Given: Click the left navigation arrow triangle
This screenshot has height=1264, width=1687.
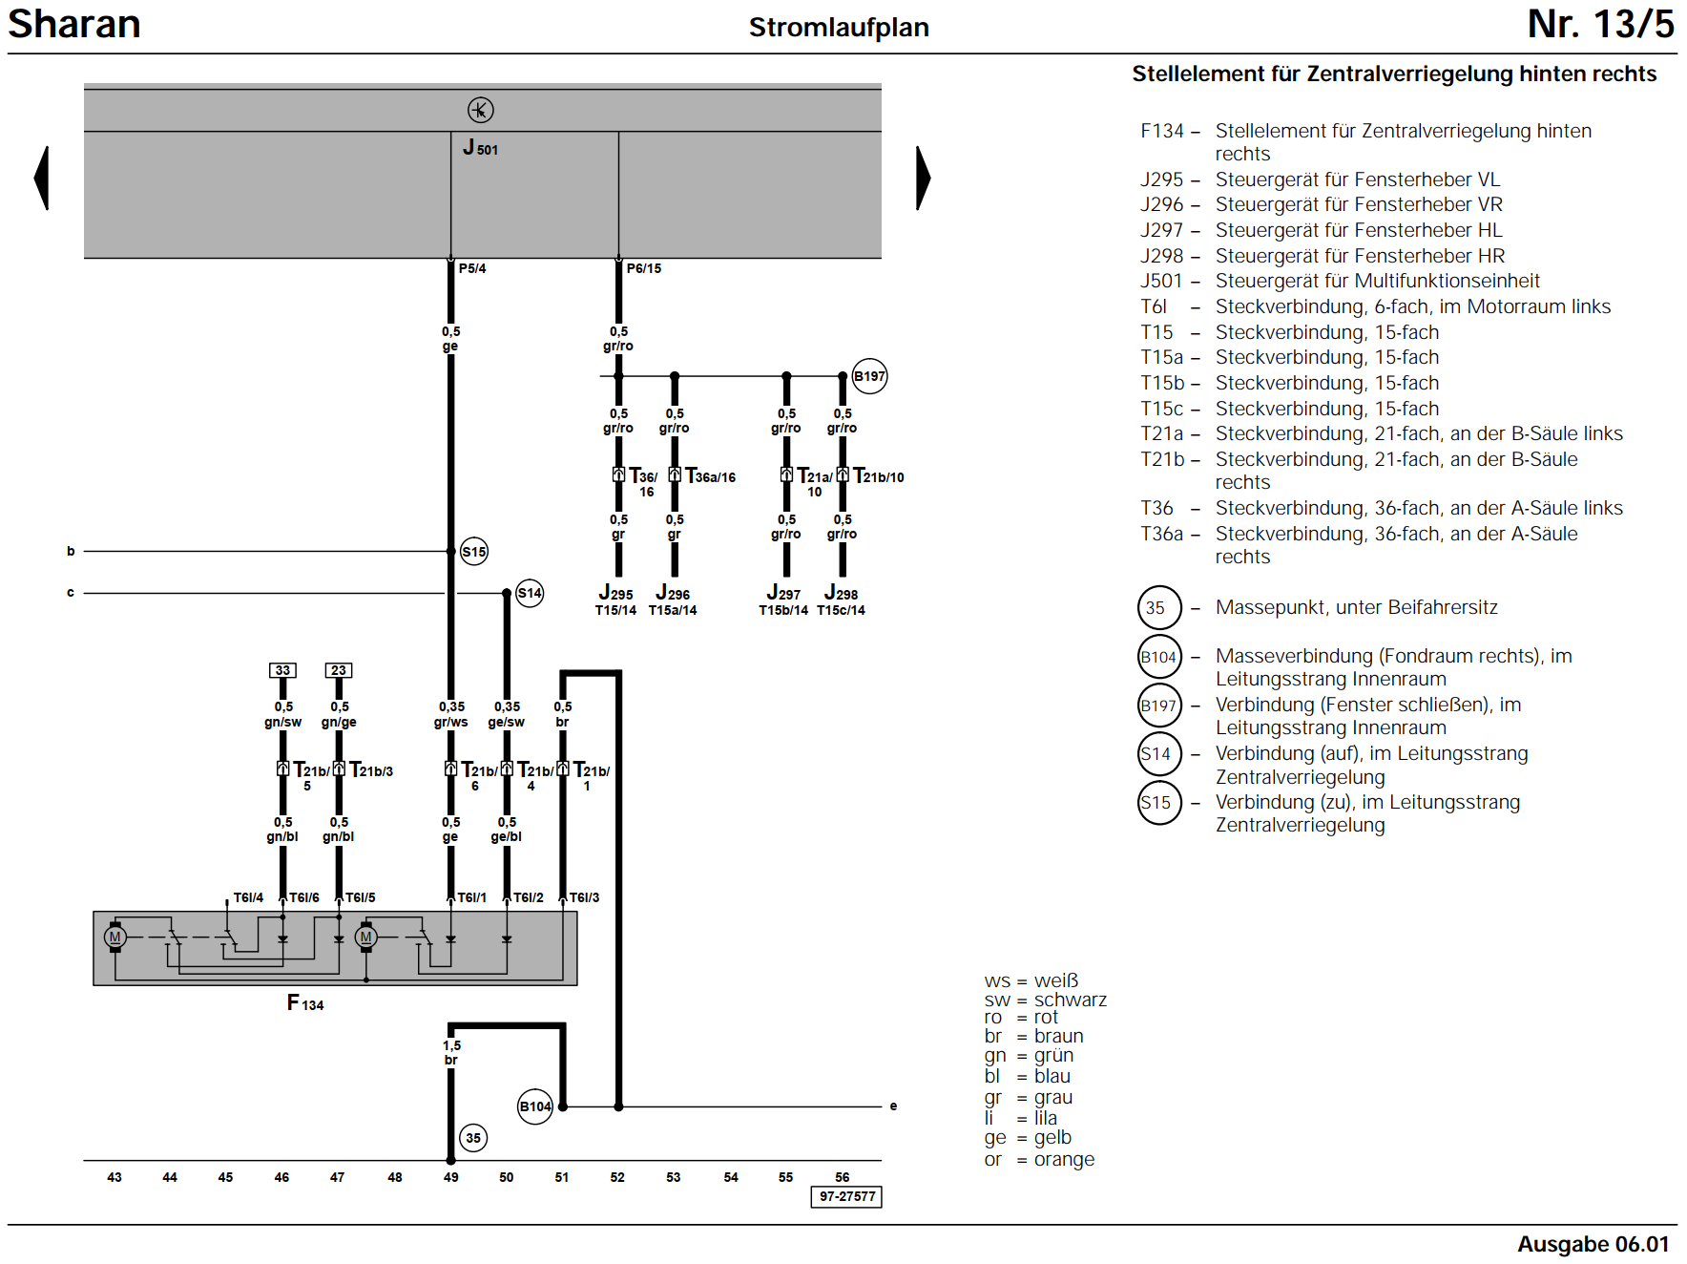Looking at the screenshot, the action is (42, 178).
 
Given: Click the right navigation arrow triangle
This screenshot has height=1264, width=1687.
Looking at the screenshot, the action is (923, 178).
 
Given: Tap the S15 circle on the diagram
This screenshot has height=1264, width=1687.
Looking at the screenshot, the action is (474, 552).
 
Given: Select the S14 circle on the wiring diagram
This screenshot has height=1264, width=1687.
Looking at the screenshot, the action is (530, 593).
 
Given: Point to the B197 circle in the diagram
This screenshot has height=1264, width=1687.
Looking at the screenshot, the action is (869, 376).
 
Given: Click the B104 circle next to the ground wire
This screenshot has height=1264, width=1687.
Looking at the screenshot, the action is (535, 1106).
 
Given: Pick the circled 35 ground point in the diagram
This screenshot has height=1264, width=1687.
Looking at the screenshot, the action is (473, 1138).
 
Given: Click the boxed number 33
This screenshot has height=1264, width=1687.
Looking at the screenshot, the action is (282, 670).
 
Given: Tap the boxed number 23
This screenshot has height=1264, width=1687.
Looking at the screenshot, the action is (339, 670).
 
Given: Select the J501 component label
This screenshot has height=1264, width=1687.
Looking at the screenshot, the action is (480, 148).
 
